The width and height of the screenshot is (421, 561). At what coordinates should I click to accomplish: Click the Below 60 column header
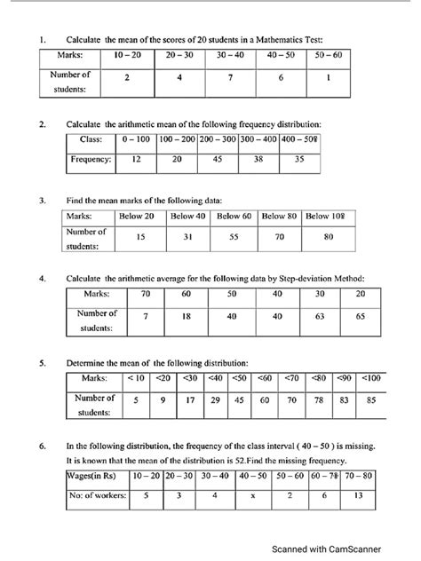point(234,216)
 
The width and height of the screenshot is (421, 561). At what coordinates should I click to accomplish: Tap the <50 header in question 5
point(238,379)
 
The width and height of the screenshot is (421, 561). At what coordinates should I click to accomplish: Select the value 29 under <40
point(213,400)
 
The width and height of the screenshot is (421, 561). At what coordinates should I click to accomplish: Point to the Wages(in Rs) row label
point(95,476)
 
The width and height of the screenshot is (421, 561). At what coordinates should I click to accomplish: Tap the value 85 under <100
point(370,400)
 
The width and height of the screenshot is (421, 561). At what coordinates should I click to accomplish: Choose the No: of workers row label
point(95,496)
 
